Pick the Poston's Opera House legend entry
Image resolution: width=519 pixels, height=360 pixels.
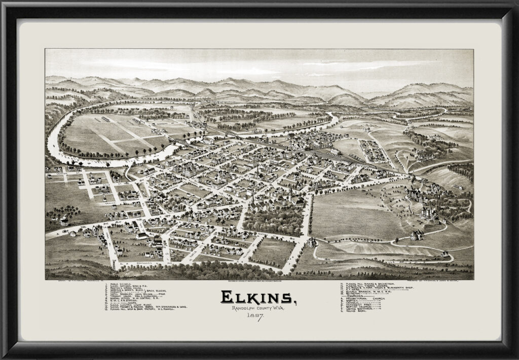pos(126,288)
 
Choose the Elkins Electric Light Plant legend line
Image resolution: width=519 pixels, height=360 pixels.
pos(131,305)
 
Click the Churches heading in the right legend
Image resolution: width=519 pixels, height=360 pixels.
pos(355,296)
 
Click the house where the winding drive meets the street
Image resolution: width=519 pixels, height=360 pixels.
pos(310,242)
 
